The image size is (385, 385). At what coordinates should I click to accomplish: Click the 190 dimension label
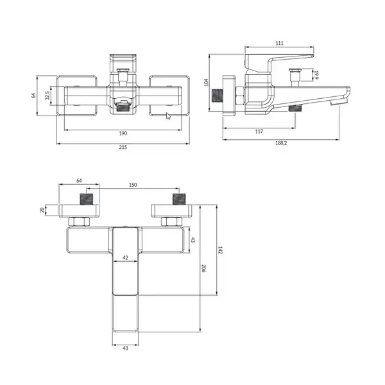123,133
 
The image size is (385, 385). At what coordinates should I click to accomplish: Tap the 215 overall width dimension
123,147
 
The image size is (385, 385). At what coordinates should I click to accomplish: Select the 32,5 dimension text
47,96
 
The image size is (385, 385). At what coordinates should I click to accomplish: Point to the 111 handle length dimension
279,43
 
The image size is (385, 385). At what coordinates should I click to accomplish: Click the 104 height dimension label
206,83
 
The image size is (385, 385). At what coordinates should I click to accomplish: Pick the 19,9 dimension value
316,75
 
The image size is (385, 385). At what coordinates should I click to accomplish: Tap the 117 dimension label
259,132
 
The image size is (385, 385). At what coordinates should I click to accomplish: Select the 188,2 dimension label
281,143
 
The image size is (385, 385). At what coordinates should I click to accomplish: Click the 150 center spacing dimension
133,185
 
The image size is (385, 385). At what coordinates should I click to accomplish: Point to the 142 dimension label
220,250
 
